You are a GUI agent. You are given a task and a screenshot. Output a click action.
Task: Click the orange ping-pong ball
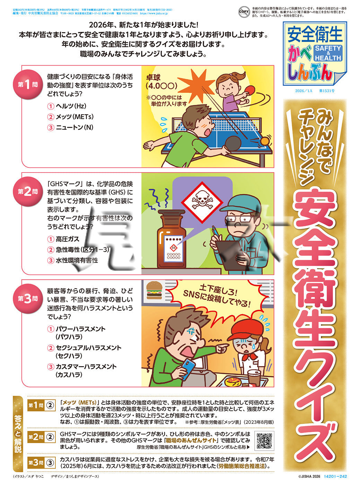(265, 141)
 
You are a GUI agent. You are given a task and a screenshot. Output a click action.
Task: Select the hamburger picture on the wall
(153, 290)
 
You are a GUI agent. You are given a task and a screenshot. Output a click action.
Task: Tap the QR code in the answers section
(264, 440)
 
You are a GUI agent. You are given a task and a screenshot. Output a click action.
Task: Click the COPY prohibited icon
(244, 12)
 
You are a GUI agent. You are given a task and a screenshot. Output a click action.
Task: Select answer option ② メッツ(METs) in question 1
(71, 117)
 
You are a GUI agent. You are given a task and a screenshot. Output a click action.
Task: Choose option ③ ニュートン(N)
(71, 127)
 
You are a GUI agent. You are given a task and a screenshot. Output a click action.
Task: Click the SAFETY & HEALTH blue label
(327, 53)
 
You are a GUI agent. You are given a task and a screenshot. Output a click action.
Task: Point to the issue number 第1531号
(326, 91)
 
